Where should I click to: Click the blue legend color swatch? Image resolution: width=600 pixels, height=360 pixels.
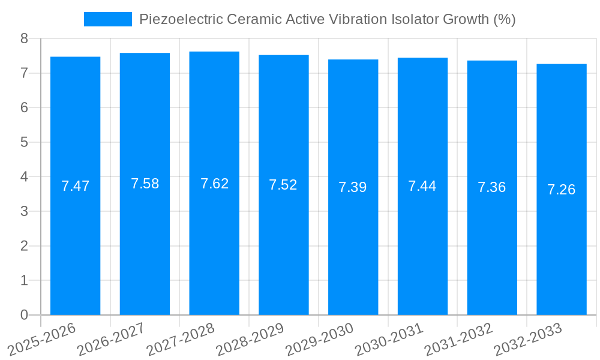point(108,19)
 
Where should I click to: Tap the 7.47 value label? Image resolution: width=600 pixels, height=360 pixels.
point(75,186)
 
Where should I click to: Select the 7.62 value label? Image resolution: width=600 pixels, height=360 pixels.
point(214,184)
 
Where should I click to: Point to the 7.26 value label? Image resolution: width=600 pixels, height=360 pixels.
point(561,190)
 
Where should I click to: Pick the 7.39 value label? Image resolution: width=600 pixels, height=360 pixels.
point(353,187)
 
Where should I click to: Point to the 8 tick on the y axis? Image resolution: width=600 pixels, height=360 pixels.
point(25,38)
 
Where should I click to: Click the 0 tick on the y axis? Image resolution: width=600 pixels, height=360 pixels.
point(25,315)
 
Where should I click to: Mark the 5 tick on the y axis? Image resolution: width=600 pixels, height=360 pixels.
point(25,142)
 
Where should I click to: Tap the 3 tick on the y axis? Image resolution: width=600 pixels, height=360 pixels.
point(25,211)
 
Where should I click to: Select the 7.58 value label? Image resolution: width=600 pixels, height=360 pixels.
point(145,184)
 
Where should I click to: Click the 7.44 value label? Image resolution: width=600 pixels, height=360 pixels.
point(422,186)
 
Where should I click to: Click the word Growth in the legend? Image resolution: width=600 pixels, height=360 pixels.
point(466,19)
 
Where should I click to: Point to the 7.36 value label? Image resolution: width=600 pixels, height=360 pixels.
point(491,187)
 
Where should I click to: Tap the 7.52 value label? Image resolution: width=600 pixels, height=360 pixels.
point(283,185)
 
